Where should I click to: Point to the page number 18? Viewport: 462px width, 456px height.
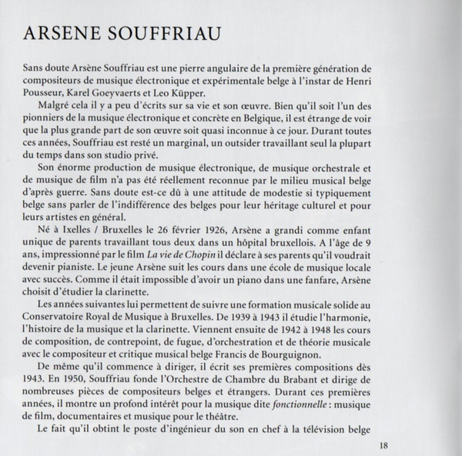[385, 445]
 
